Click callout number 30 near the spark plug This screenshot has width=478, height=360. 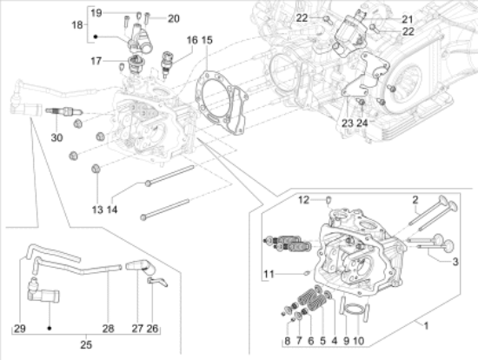pos(56,137)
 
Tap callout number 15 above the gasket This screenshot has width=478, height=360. pos(206,41)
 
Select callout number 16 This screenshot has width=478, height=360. pos(191,41)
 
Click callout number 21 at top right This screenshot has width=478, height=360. pos(383,18)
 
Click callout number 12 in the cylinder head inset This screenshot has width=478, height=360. pos(304,200)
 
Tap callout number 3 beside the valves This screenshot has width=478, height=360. pos(455,260)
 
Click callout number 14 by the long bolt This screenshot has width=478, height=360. pos(112,210)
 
